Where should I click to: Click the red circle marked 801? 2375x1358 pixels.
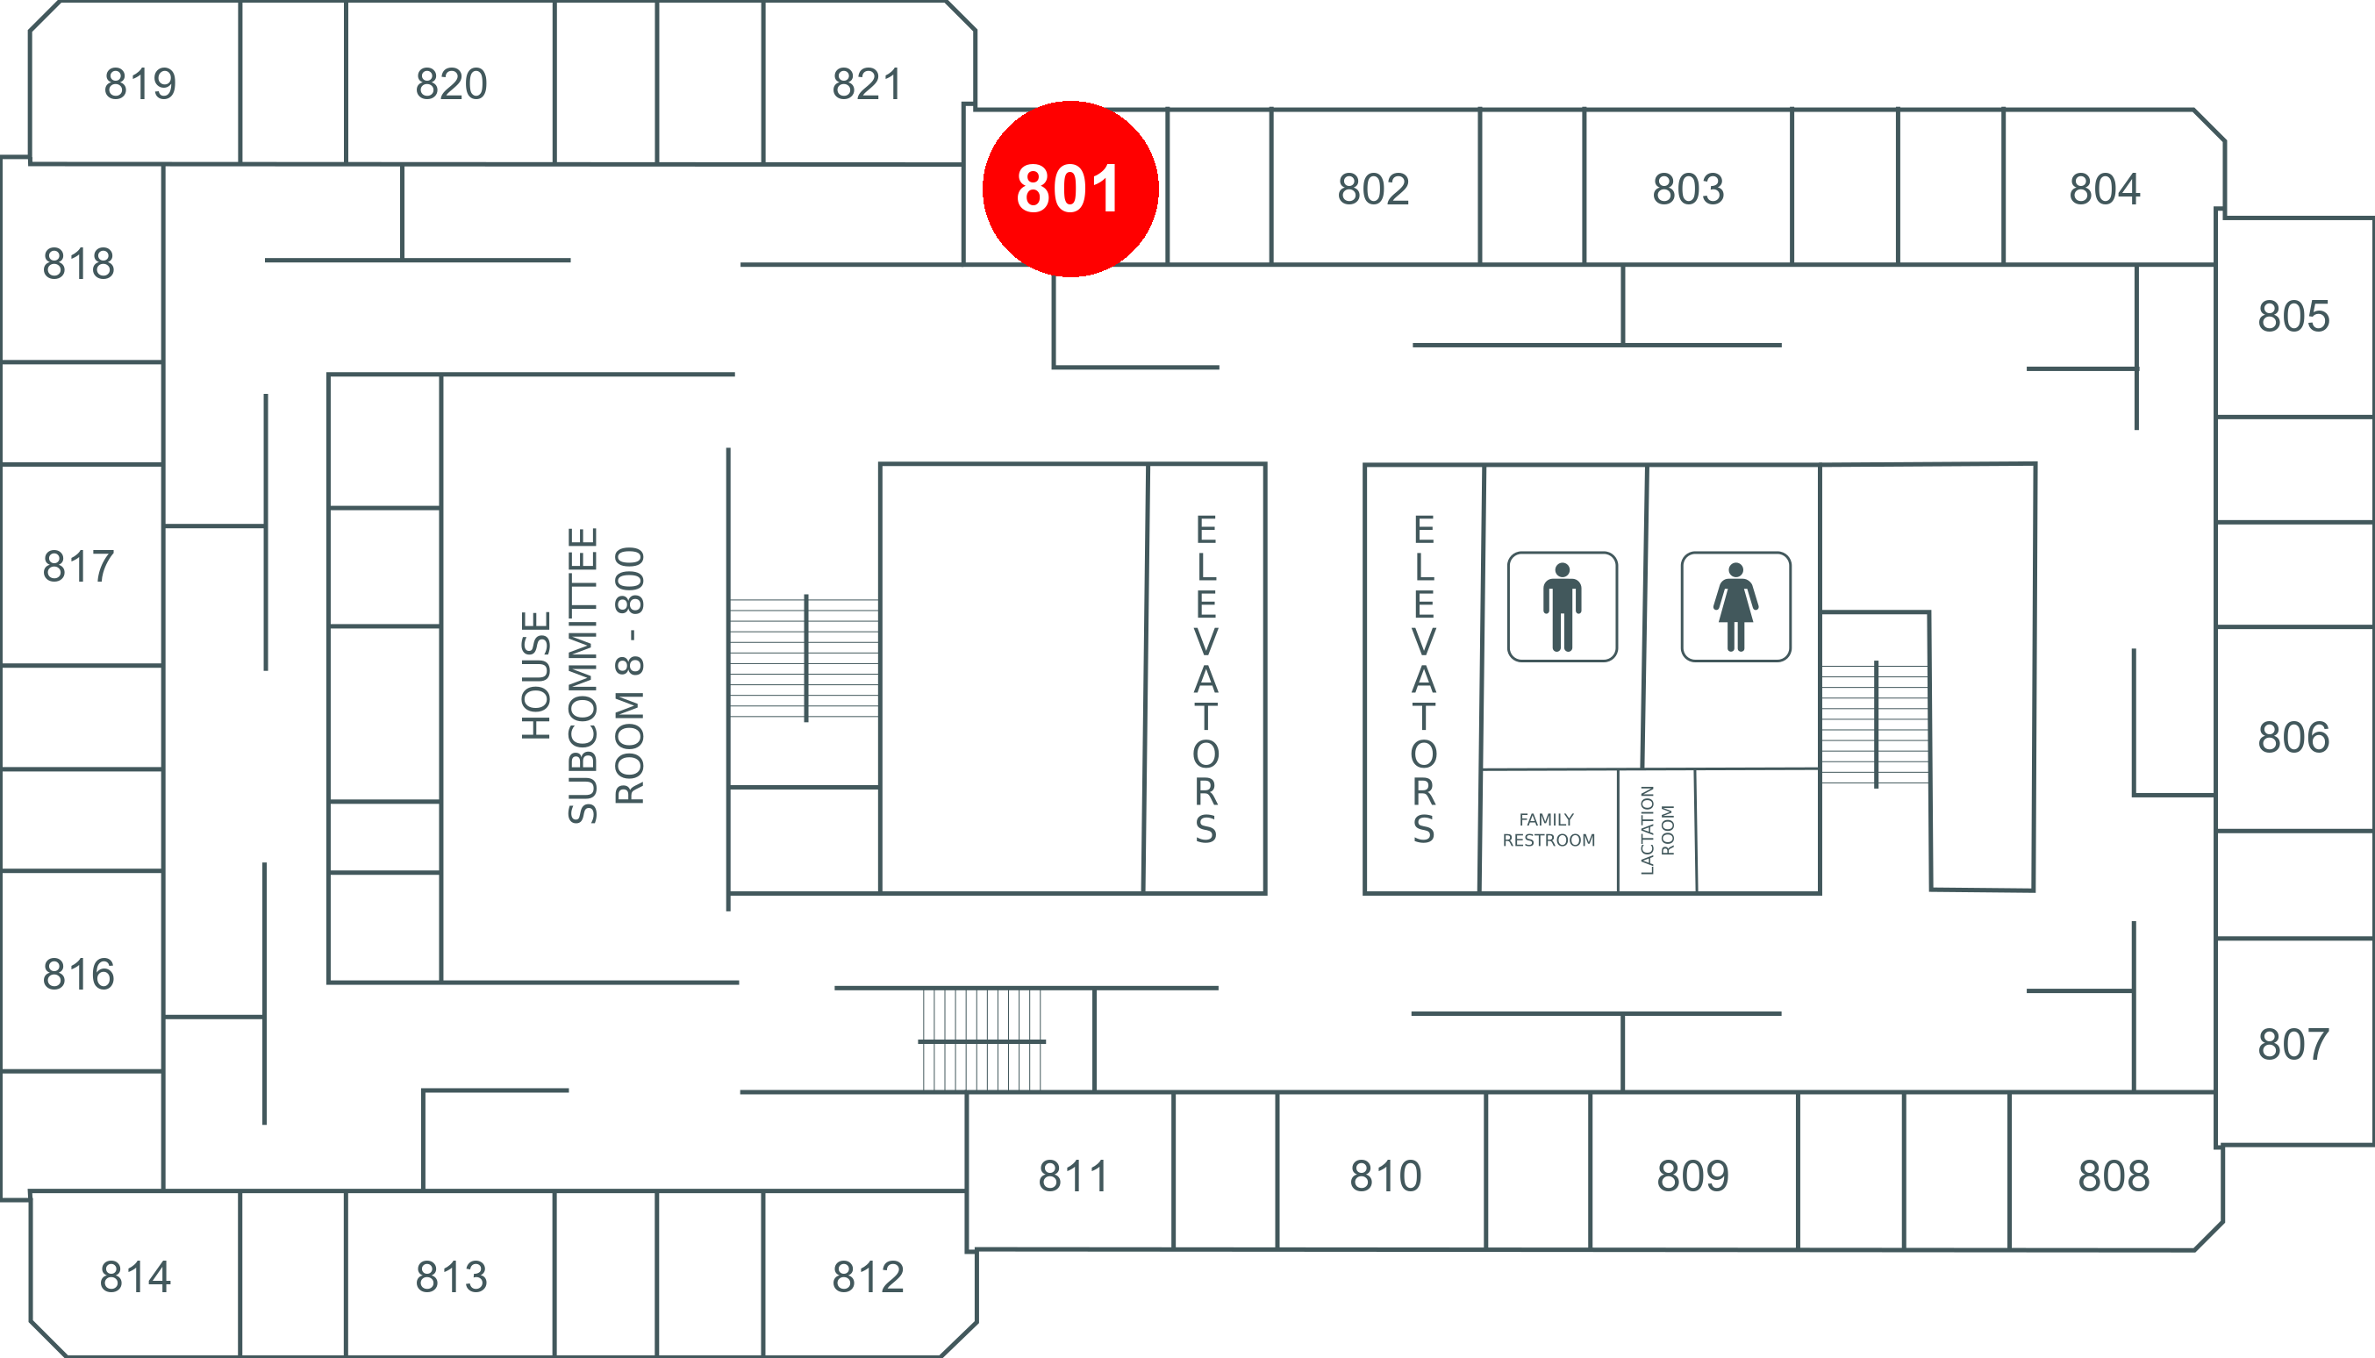click(1070, 189)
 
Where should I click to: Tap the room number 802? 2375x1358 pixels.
click(1373, 189)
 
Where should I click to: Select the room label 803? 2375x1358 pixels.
click(1687, 189)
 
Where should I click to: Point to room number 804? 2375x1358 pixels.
click(2105, 189)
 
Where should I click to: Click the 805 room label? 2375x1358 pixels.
click(2293, 317)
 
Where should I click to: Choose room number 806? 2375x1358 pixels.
click(2293, 738)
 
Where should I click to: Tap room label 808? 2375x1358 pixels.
click(2114, 1176)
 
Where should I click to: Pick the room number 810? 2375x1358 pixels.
click(1385, 1176)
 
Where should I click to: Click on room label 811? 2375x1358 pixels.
click(1073, 1176)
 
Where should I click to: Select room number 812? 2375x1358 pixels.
click(868, 1277)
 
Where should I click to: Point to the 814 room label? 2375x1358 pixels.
click(135, 1277)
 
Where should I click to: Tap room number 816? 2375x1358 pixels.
click(78, 975)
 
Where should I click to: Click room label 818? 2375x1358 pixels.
click(78, 264)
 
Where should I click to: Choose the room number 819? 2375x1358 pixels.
click(139, 84)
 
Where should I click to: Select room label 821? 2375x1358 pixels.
click(867, 84)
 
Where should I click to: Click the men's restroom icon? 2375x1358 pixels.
click(1562, 606)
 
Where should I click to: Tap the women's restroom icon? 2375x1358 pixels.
click(1735, 606)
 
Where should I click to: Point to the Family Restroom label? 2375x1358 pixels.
click(1549, 830)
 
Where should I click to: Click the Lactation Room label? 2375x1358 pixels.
click(1656, 830)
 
